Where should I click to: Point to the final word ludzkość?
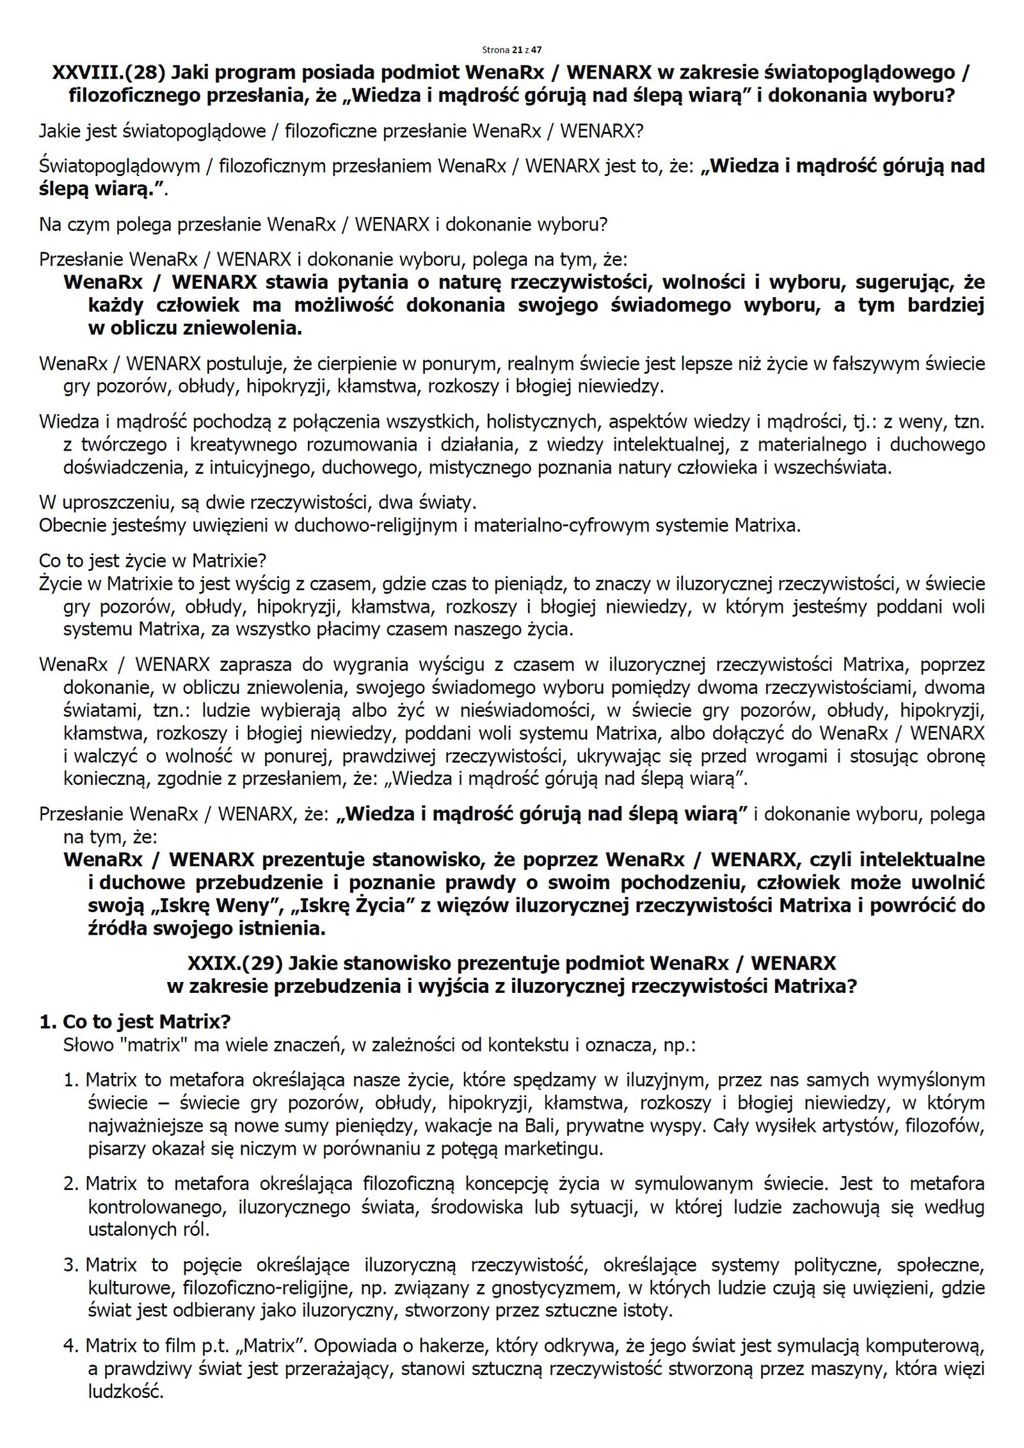click(125, 1392)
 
